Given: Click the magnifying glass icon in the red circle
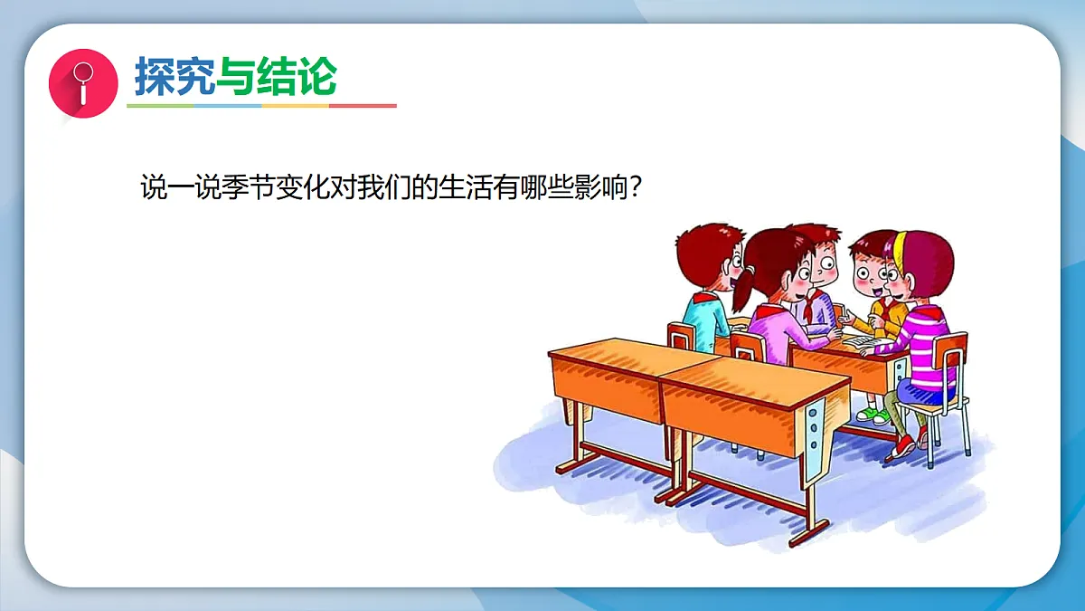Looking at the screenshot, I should click(83, 81).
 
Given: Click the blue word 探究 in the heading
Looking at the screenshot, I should click(175, 77).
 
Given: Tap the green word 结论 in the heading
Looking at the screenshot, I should click(297, 77).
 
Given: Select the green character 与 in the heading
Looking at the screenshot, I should click(235, 77).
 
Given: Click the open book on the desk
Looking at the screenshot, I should click(859, 341).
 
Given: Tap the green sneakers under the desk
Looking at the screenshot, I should click(873, 415).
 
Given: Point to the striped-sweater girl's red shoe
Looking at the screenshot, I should click(903, 445).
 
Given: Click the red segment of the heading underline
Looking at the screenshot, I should click(363, 106).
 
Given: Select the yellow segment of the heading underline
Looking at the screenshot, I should click(295, 106).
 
